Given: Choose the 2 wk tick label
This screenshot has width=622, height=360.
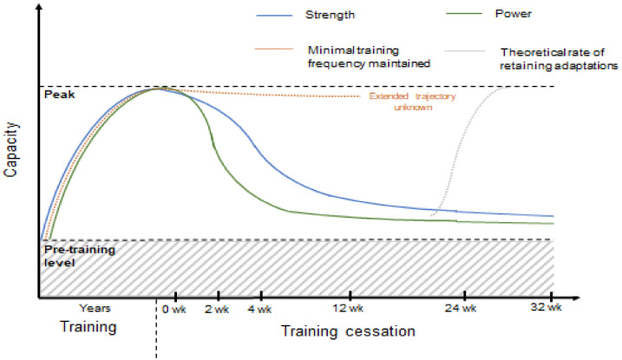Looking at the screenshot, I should [219, 309].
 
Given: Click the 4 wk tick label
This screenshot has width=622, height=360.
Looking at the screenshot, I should [259, 309].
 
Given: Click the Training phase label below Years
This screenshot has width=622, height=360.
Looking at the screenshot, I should [87, 330].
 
